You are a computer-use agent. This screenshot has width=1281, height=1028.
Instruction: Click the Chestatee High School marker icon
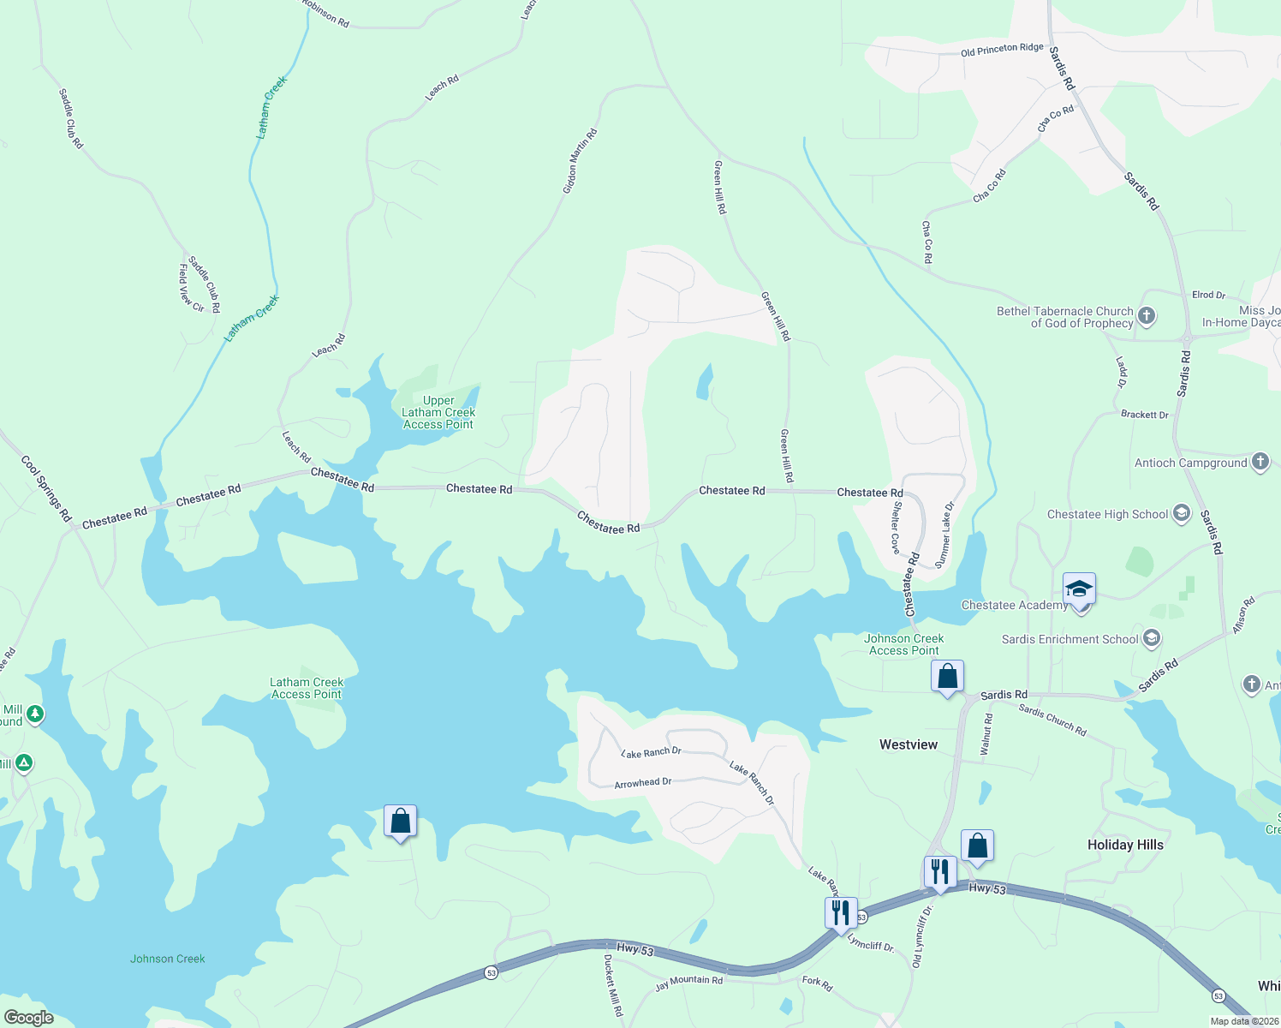pos(1182,514)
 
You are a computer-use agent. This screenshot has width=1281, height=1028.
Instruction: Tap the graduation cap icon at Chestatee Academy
pos(1080,589)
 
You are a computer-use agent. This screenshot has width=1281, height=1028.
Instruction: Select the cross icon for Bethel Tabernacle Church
pos(1147,316)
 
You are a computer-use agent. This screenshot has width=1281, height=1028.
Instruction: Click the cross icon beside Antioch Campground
pos(1260,462)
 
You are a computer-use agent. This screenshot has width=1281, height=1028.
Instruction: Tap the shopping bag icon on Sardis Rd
pos(947,677)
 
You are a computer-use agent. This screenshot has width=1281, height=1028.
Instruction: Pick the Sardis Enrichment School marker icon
pos(1152,638)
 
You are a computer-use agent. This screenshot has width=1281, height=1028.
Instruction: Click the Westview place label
pos(908,744)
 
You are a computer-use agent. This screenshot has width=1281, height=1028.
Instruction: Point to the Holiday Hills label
pos(1124,845)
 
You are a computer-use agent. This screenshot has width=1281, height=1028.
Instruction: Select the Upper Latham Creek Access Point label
pos(438,412)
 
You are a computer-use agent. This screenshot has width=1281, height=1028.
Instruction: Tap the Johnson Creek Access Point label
pos(903,644)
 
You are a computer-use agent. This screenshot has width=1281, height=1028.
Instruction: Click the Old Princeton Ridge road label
pos(1002,50)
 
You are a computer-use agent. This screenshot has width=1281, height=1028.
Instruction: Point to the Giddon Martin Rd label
pos(580,161)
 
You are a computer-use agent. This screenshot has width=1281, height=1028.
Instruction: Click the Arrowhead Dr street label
pos(642,783)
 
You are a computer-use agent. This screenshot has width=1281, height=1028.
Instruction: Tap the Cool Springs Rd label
pos(46,488)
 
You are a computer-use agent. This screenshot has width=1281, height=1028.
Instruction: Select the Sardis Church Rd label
pos(1052,720)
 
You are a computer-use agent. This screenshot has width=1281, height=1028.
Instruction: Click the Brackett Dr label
pos(1144,415)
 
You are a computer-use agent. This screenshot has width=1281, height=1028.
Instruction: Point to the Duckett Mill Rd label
pos(613,985)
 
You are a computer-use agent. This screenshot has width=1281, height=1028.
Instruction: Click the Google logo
pos(28,1018)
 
